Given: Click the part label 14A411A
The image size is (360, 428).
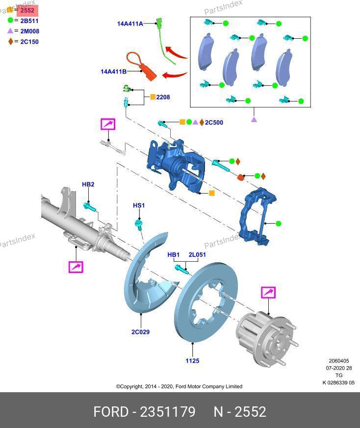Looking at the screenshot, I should pyautogui.click(x=129, y=24).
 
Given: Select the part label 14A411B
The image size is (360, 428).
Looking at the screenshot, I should pyautogui.click(x=113, y=72).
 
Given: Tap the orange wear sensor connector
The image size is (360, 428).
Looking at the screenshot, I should pyautogui.click(x=149, y=74).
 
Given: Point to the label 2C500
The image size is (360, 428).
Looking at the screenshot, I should pyautogui.click(x=214, y=123).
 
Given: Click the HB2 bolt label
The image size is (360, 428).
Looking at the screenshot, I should pyautogui.click(x=88, y=184).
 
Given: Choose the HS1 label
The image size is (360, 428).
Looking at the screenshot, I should pyautogui.click(x=139, y=205).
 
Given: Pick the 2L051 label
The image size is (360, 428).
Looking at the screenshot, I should pyautogui.click(x=197, y=255).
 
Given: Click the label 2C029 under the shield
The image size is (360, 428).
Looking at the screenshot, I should pyautogui.click(x=140, y=332).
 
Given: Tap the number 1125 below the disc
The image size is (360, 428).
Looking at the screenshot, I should pyautogui.click(x=192, y=361).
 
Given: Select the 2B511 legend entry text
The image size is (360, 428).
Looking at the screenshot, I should pyautogui.click(x=29, y=21).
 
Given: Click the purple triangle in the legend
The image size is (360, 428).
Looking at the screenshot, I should pyautogui.click(x=10, y=31).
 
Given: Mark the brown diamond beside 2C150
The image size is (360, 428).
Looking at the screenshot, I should pyautogui.click(x=10, y=42).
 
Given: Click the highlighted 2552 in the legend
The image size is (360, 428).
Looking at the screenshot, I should pyautogui.click(x=27, y=10).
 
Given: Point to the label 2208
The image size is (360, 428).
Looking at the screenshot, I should pyautogui.click(x=163, y=97).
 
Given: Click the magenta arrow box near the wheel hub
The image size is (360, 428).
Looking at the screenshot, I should pyautogui.click(x=268, y=293).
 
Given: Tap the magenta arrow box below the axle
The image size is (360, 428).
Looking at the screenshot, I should pyautogui.click(x=76, y=267).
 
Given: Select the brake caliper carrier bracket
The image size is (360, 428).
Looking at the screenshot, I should pyautogui.click(x=257, y=216).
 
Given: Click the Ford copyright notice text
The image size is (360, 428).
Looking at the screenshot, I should pyautogui.click(x=179, y=386).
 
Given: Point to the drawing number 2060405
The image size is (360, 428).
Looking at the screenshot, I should pyautogui.click(x=339, y=361).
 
